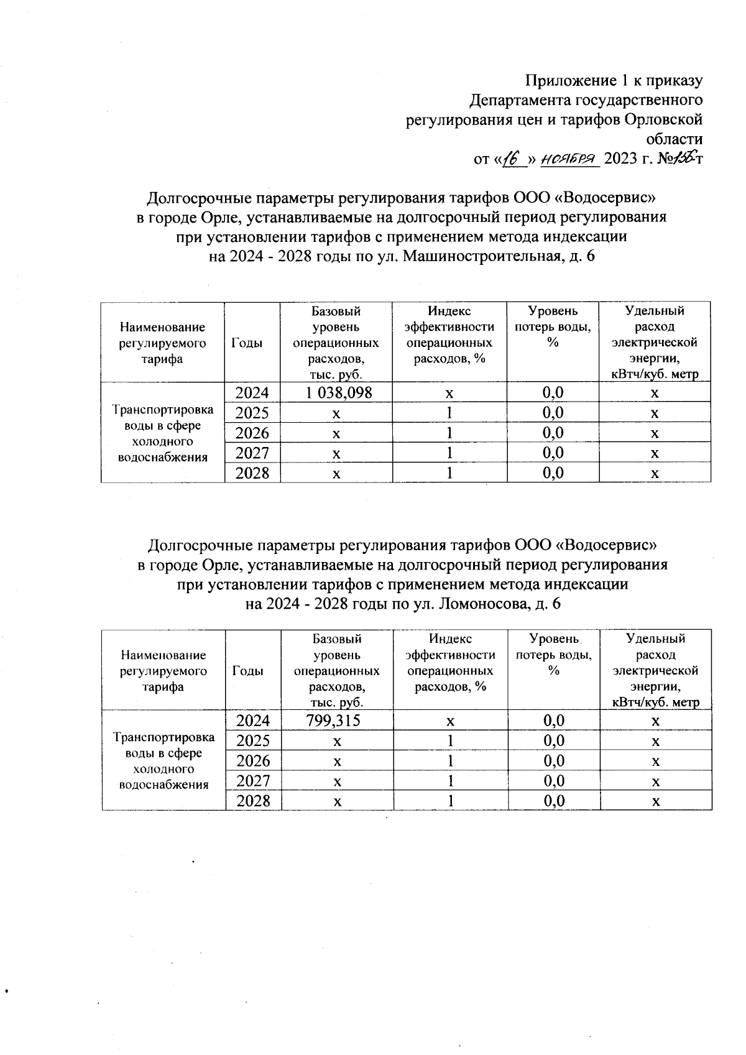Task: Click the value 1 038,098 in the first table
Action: (336, 392)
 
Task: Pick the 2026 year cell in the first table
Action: (252, 433)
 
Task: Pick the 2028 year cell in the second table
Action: (253, 801)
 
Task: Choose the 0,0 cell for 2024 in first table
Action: (553, 392)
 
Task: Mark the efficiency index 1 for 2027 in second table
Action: (450, 781)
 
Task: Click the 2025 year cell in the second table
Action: (253, 740)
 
